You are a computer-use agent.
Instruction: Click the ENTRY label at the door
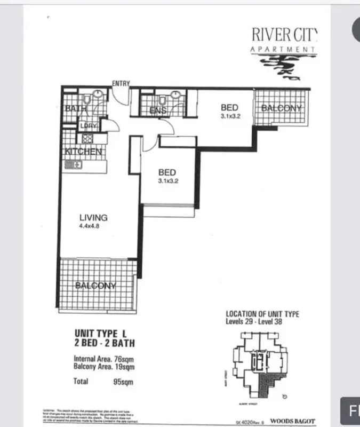coord(121,83)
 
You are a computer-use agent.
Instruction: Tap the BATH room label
coord(72,108)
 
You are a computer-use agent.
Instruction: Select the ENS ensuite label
coord(158,110)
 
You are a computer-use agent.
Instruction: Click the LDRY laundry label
coord(87,125)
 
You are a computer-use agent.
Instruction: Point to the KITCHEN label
coord(83,152)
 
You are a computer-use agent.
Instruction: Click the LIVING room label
coord(93,217)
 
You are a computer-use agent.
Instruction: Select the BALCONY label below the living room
coord(96,285)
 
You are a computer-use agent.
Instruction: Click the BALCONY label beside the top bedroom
coord(281,108)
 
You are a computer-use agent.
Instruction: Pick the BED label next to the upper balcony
coord(229,108)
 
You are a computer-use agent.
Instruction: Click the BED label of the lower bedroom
coord(167,172)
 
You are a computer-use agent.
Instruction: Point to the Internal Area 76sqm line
coord(103,359)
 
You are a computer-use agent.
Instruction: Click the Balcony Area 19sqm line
coord(104,367)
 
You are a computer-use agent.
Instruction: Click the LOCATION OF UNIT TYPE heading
coord(262,314)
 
